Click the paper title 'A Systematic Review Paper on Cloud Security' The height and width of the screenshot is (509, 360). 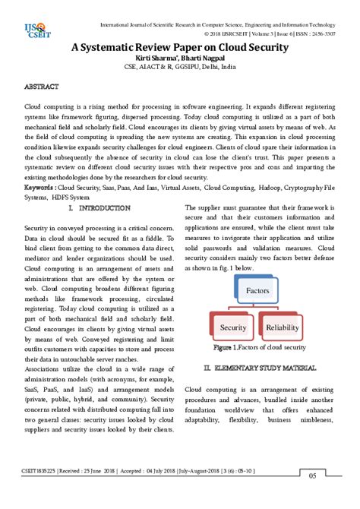point(179,47)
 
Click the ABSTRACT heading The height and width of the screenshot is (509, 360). point(43,88)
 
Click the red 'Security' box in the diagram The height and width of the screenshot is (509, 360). point(233,327)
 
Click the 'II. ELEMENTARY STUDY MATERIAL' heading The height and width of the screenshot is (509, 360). point(260,368)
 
